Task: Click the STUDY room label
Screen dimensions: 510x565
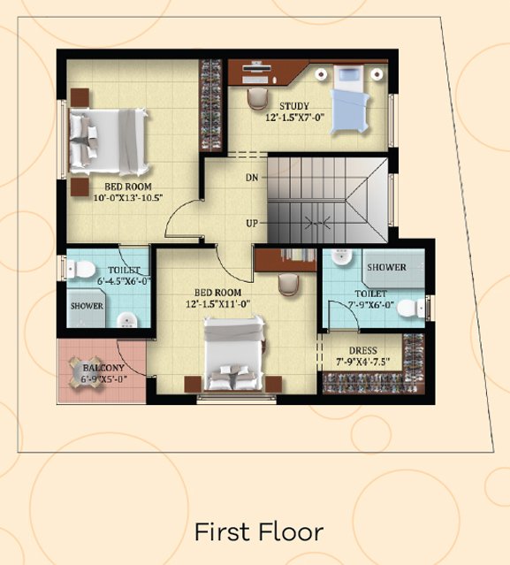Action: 294,106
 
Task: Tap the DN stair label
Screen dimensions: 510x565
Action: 252,178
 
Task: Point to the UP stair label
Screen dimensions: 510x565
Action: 252,224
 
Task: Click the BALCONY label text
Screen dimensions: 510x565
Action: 103,368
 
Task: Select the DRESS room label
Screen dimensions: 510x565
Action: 363,351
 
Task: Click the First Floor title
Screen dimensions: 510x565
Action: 259,532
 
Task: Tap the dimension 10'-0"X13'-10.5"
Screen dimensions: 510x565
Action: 128,198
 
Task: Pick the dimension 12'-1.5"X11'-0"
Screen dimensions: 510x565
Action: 218,304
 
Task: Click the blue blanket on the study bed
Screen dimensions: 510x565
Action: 350,111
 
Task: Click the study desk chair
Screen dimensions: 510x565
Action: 257,98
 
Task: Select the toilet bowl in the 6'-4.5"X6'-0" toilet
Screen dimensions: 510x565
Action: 81,269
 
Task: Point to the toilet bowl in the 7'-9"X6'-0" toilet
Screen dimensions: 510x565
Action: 411,309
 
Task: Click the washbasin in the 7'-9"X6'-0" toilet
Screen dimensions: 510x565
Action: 341,257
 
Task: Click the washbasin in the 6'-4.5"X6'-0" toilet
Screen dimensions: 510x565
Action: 127,319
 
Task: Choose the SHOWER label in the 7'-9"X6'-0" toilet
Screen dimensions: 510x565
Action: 386,267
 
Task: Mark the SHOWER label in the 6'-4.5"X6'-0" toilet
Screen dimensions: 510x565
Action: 87,306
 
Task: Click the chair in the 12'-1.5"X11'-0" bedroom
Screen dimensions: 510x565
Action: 288,285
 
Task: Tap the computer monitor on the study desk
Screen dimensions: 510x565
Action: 256,67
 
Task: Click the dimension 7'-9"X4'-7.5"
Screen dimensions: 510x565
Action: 363,362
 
